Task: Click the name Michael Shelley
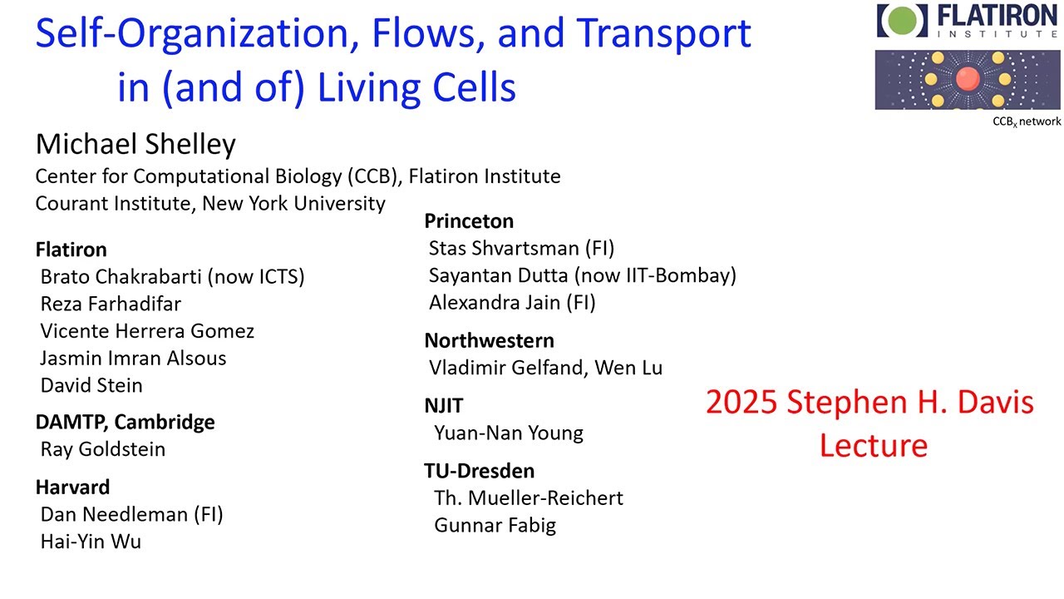(x=135, y=145)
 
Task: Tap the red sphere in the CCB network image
(x=967, y=80)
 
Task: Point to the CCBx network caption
(x=1027, y=121)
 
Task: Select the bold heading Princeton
(x=469, y=221)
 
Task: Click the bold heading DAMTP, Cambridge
(x=125, y=422)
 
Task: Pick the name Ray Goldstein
(x=103, y=449)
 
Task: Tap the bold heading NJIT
(x=444, y=406)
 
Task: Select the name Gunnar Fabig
(x=495, y=525)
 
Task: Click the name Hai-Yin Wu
(x=91, y=542)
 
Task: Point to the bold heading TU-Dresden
(x=479, y=471)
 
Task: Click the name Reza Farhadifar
(x=111, y=304)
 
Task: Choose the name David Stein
(x=91, y=385)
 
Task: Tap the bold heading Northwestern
(x=489, y=340)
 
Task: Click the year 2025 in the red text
(x=742, y=403)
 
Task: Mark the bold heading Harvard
(x=72, y=487)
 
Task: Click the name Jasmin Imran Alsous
(x=133, y=359)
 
